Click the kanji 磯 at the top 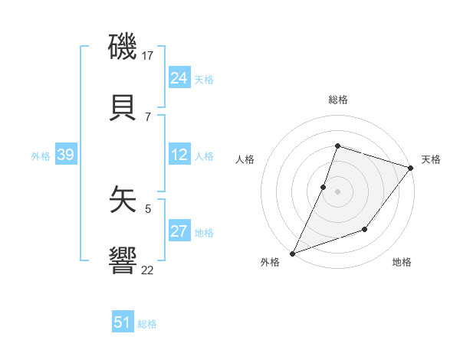123,48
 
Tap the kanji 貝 123,108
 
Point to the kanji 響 123,261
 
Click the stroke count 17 148,56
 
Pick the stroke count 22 148,269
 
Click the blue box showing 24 179,78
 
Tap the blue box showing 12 179,155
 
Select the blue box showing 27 179,231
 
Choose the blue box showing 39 65,155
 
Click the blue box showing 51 122,322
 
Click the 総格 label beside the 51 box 147,324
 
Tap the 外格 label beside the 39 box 41,156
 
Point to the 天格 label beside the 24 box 204,80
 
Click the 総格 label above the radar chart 338,100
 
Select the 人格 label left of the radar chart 245,159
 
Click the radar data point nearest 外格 293,253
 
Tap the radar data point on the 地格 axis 366,229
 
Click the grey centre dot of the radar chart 337,191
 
